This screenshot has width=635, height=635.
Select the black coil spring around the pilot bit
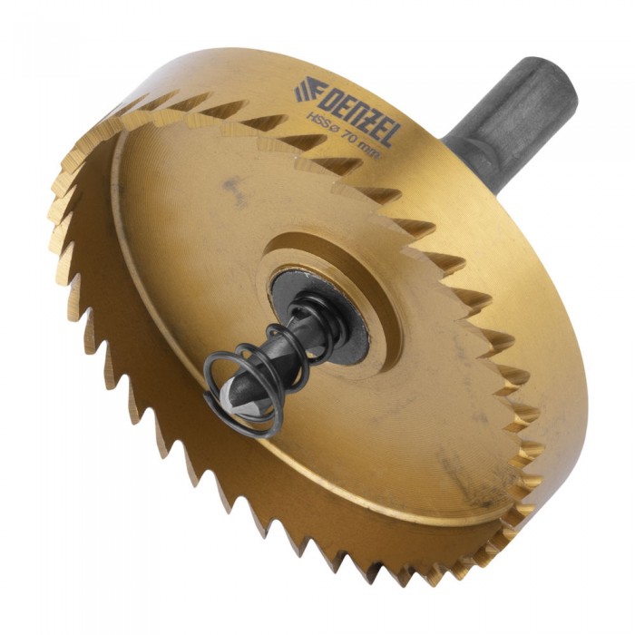tap(271, 365)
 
